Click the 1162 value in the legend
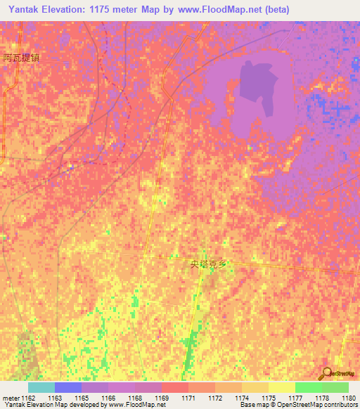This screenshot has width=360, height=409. click(27, 398)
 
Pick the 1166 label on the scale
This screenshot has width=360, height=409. click(108, 398)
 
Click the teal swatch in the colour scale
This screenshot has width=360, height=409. click(41, 387)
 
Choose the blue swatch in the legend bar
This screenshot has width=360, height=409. click(67, 387)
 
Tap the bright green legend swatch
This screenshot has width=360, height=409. click(308, 387)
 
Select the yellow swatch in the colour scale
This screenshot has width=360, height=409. click(281, 387)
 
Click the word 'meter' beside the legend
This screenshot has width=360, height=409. click(9, 398)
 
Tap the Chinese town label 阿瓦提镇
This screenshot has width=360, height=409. click(20, 58)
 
